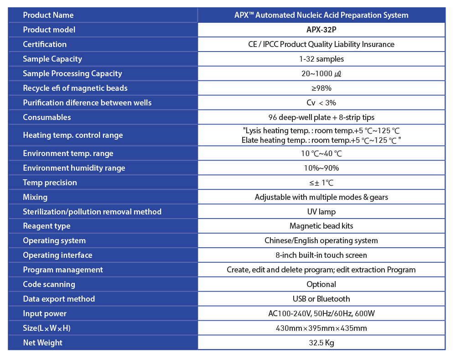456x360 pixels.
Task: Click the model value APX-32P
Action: click(x=321, y=30)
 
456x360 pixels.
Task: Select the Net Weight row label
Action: click(x=43, y=343)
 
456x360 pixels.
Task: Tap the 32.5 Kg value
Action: click(x=321, y=343)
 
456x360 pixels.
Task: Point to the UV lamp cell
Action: click(x=321, y=212)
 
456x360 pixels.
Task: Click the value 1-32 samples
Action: click(x=321, y=59)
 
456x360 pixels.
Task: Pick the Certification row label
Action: click(x=45, y=44)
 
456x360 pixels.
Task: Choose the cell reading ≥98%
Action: click(x=321, y=88)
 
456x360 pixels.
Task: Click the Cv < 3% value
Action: click(x=321, y=103)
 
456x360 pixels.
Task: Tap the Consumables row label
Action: click(x=47, y=117)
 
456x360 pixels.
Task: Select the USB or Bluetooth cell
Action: click(x=321, y=299)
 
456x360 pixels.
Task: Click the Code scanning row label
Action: click(x=49, y=284)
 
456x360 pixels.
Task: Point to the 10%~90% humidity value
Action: click(x=321, y=168)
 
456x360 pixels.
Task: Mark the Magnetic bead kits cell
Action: click(x=321, y=226)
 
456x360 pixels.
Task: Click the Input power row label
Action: click(x=45, y=313)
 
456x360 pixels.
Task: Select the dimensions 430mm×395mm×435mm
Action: click(x=321, y=328)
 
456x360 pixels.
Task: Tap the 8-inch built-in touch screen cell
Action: click(x=321, y=255)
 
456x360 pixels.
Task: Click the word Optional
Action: click(x=321, y=284)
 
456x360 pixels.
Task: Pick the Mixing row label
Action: click(x=35, y=197)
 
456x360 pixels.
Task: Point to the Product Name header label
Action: click(x=48, y=15)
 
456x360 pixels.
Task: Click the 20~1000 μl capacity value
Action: click(x=321, y=73)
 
